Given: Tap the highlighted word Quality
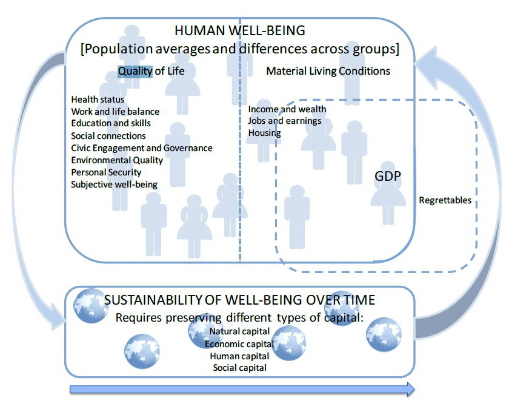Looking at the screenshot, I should (x=135, y=71).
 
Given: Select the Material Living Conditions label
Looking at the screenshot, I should (x=328, y=71).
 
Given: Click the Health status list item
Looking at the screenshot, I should (x=98, y=100).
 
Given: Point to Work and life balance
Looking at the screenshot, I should (x=115, y=112).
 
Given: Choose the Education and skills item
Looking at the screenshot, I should (x=111, y=123).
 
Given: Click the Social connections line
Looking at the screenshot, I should (x=108, y=136).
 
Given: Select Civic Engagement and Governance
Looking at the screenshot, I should (x=142, y=148).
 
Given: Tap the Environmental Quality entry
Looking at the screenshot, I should (x=117, y=160).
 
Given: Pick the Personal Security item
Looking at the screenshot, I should (x=106, y=172).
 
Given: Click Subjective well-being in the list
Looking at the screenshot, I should (x=115, y=184).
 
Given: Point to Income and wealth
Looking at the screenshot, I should (x=287, y=109).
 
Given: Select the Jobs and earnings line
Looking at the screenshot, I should (x=284, y=121).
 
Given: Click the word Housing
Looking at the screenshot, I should (x=264, y=133).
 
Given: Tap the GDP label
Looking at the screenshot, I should (x=388, y=175).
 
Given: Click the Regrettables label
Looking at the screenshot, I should (x=445, y=200).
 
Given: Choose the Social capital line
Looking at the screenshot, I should (x=239, y=368).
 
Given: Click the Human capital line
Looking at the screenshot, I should (x=239, y=356).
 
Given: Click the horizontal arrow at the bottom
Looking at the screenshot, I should (x=242, y=389).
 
